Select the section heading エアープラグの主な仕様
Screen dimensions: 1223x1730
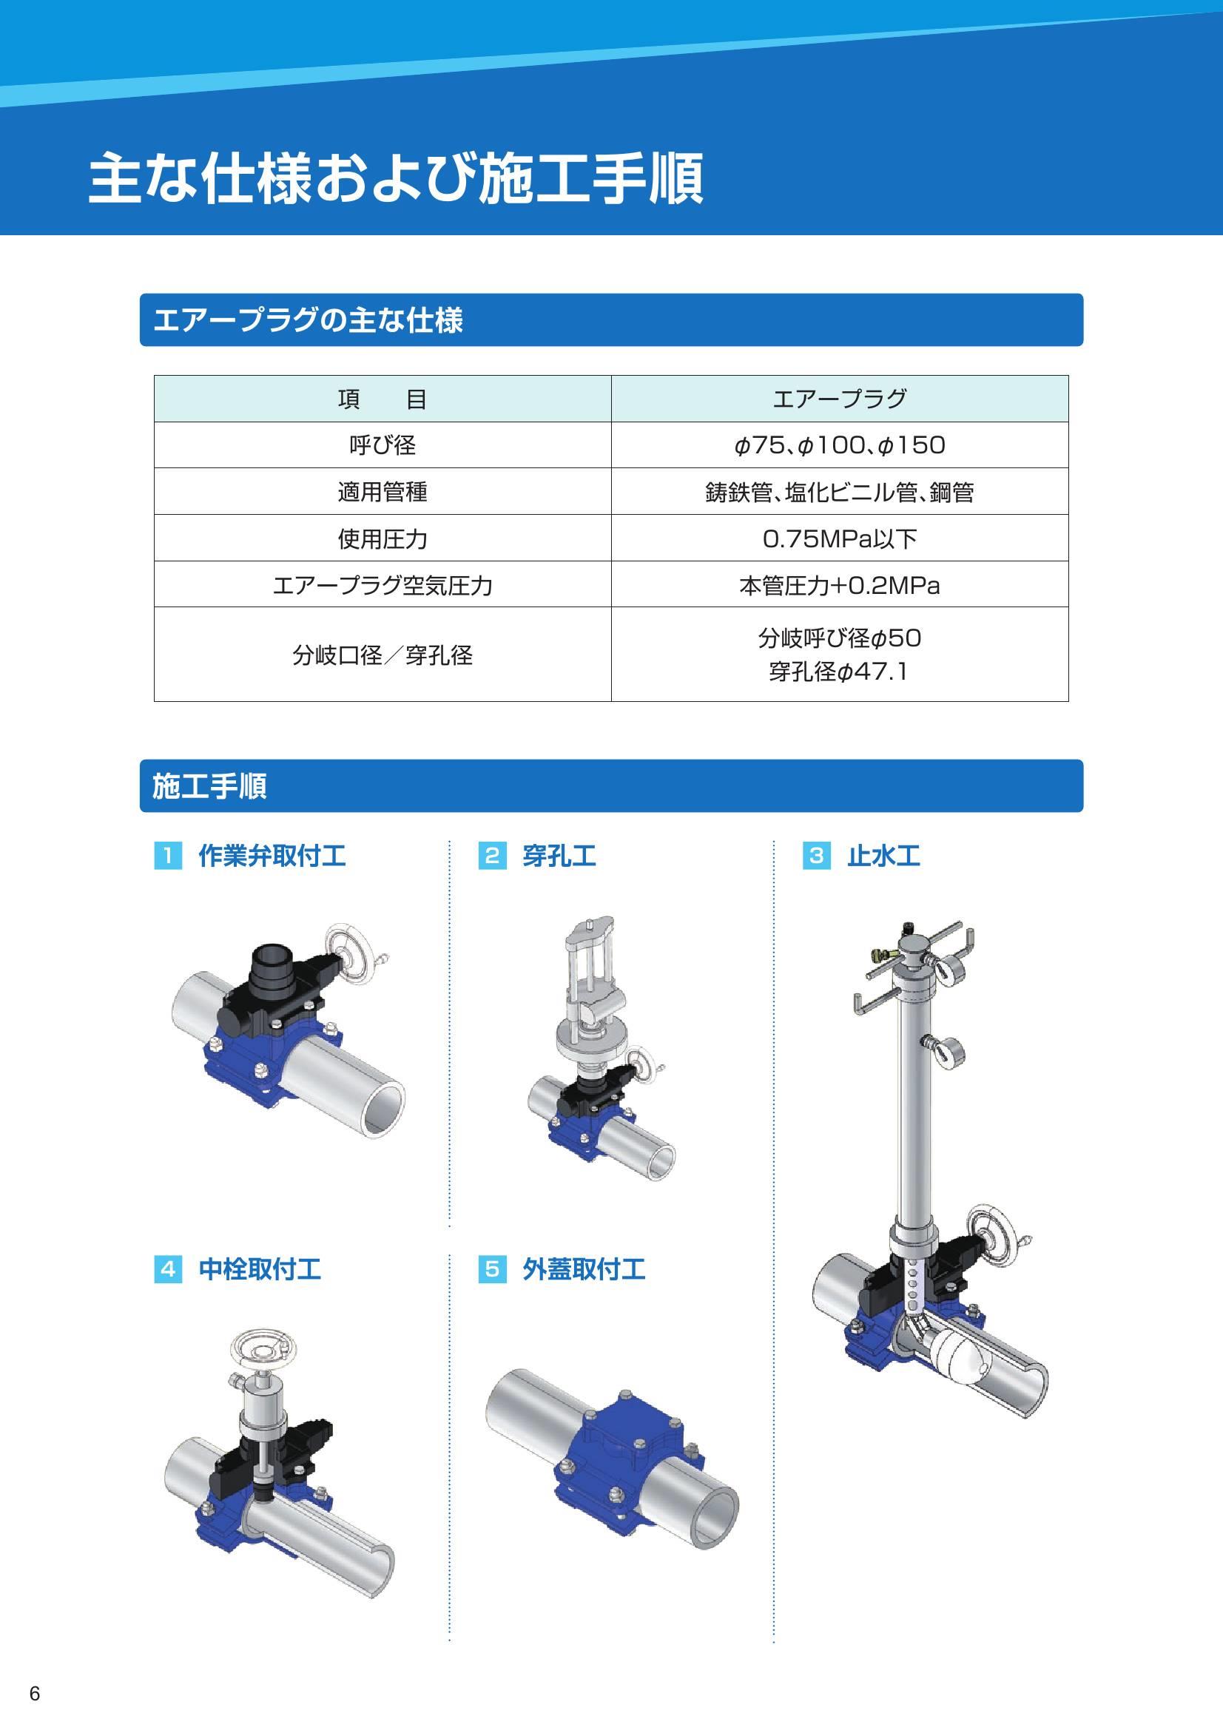308,320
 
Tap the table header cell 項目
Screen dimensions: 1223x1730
382,399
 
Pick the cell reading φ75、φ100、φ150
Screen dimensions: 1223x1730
840,445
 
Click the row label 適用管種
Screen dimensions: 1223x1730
382,492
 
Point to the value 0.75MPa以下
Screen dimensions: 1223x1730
840,538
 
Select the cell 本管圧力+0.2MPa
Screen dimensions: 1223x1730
840,586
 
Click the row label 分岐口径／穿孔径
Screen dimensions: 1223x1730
382,655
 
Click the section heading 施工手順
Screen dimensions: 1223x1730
209,786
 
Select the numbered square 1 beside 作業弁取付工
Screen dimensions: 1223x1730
168,856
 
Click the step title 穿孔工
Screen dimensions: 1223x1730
559,856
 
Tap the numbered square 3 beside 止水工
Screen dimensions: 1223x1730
816,856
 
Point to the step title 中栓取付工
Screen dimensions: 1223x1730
259,1270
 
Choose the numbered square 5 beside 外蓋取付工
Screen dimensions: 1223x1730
492,1270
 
